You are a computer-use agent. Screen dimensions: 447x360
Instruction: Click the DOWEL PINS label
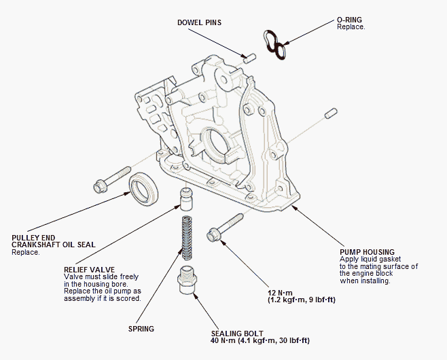click(199, 22)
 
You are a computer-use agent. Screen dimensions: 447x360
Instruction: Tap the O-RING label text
click(349, 20)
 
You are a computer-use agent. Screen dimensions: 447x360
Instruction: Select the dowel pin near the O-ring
click(250, 58)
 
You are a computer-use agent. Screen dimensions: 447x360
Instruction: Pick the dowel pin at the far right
click(331, 113)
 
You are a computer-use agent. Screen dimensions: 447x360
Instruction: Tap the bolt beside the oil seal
click(112, 180)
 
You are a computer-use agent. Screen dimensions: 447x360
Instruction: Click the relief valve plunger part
click(186, 199)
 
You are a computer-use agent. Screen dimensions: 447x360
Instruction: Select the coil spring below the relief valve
click(187, 238)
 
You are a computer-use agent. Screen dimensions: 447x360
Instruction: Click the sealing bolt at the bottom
click(187, 280)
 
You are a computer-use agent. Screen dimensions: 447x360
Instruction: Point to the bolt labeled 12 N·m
click(225, 228)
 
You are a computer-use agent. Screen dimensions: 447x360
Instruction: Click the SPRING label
click(141, 329)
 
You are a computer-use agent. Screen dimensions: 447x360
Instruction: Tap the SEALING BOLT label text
click(237, 334)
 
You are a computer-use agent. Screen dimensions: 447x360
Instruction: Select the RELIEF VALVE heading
click(89, 270)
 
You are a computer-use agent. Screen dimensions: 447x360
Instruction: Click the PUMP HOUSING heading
click(367, 252)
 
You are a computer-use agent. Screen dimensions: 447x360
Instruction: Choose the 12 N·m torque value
click(281, 293)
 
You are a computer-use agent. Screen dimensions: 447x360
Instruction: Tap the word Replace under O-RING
click(351, 26)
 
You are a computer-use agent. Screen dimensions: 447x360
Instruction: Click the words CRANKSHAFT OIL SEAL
click(54, 245)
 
